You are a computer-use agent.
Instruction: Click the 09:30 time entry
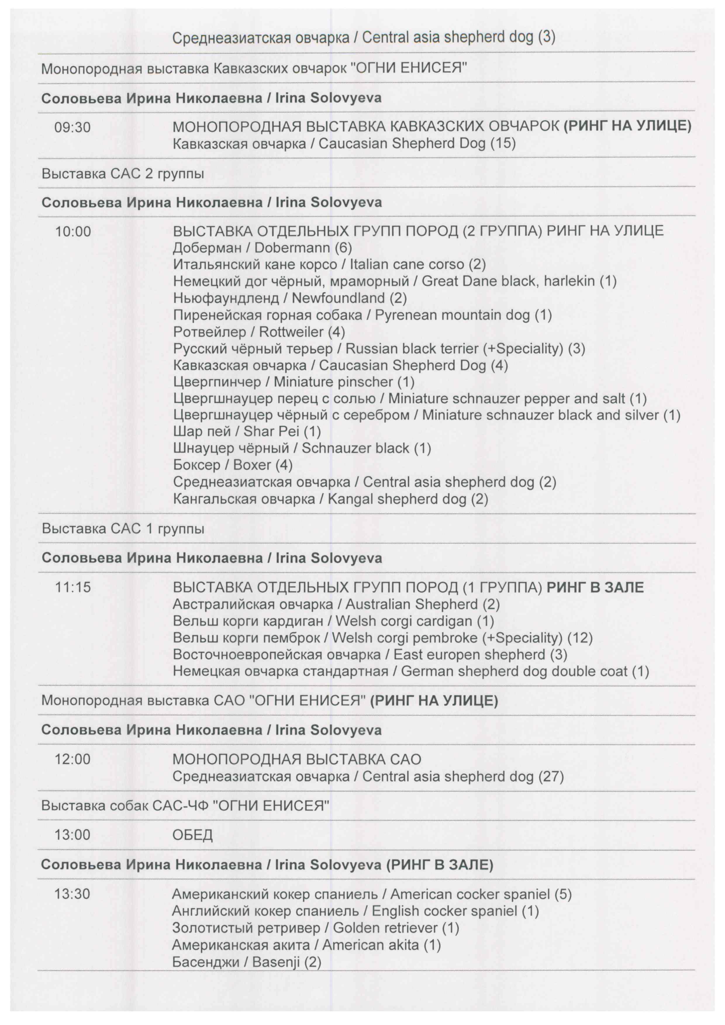pyautogui.click(x=72, y=128)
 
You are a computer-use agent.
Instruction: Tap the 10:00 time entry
pyautogui.click(x=73, y=232)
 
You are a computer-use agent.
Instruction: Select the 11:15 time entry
pyautogui.click(x=73, y=587)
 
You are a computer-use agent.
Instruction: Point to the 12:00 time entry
pyautogui.click(x=72, y=759)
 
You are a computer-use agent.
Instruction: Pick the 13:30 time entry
pyautogui.click(x=72, y=894)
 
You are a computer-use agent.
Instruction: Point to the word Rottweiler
pyautogui.click(x=291, y=332)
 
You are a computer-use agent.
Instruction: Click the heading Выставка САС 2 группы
pyautogui.click(x=123, y=173)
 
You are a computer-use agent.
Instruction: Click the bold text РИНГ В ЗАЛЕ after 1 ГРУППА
pyautogui.click(x=595, y=587)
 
